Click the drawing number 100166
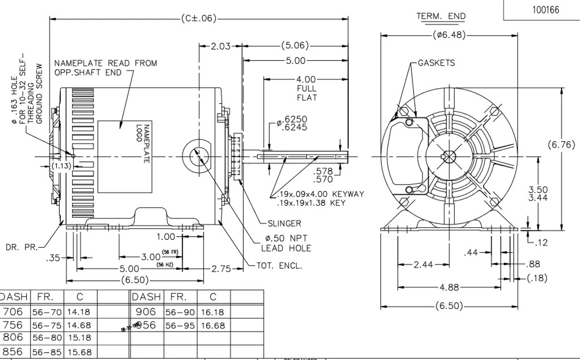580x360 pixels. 546,10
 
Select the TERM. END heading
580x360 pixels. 440,16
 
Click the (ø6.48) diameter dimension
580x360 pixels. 449,35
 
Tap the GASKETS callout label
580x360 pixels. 436,63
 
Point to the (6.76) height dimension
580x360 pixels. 561,145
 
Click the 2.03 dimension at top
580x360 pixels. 220,46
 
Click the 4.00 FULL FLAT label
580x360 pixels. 307,88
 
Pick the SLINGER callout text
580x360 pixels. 284,224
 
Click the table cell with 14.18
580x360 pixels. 79,312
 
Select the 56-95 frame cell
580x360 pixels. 180,326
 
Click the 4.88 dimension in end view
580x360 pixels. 449,287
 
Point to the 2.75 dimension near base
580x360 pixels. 221,269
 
